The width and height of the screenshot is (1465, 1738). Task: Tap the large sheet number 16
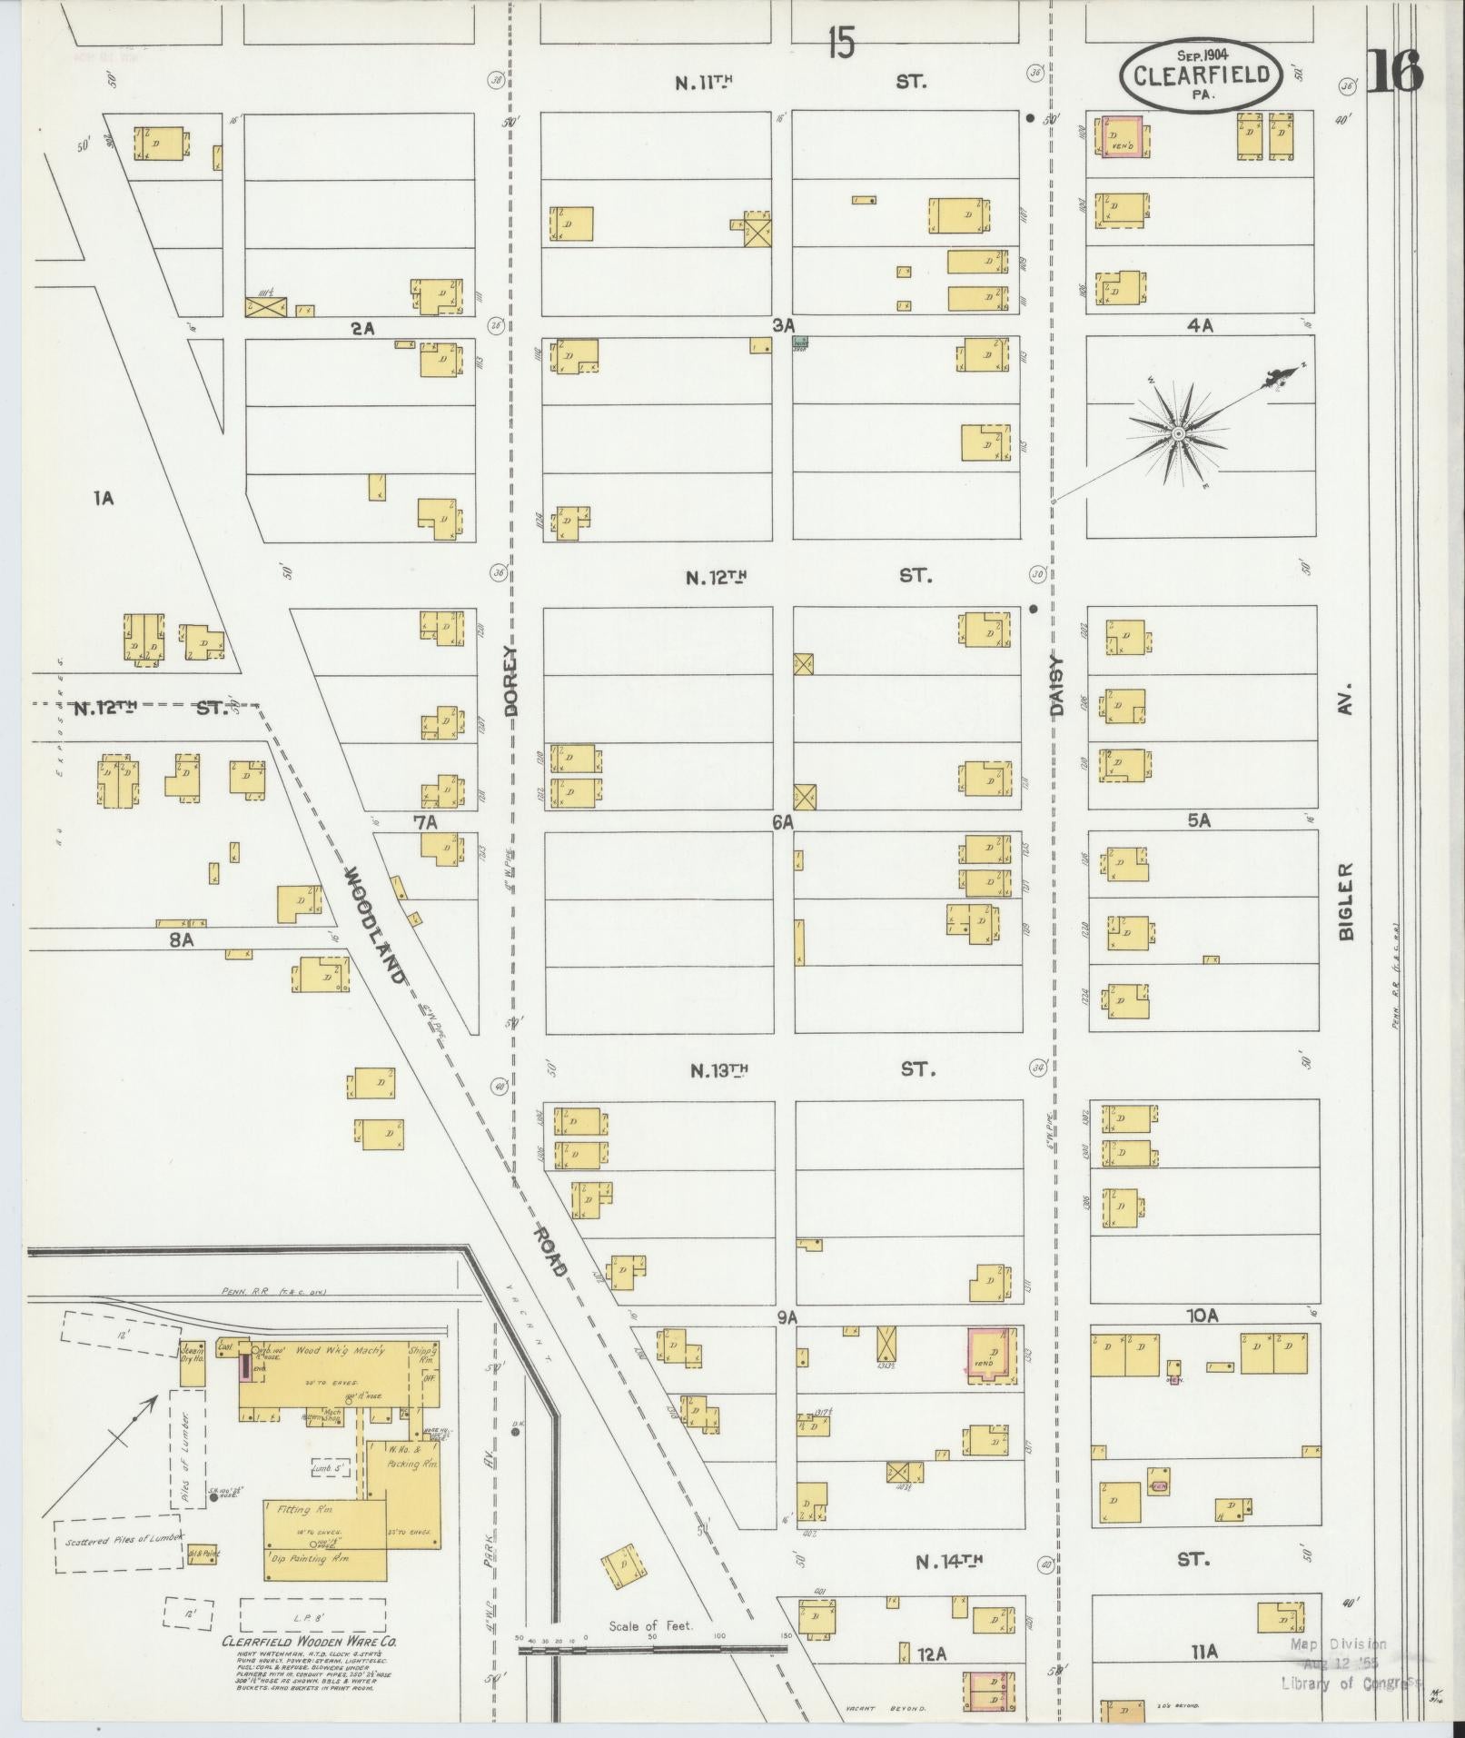[x=1393, y=72]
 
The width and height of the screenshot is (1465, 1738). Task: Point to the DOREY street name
[x=510, y=681]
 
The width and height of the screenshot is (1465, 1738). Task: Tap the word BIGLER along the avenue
[x=1345, y=901]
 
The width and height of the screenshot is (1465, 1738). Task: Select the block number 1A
[x=103, y=498]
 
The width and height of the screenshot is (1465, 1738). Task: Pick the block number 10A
[x=1201, y=1315]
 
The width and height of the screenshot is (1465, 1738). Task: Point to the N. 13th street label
[x=718, y=1069]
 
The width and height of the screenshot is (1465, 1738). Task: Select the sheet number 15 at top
[x=841, y=43]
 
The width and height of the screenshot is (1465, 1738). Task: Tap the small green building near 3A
[x=801, y=342]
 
